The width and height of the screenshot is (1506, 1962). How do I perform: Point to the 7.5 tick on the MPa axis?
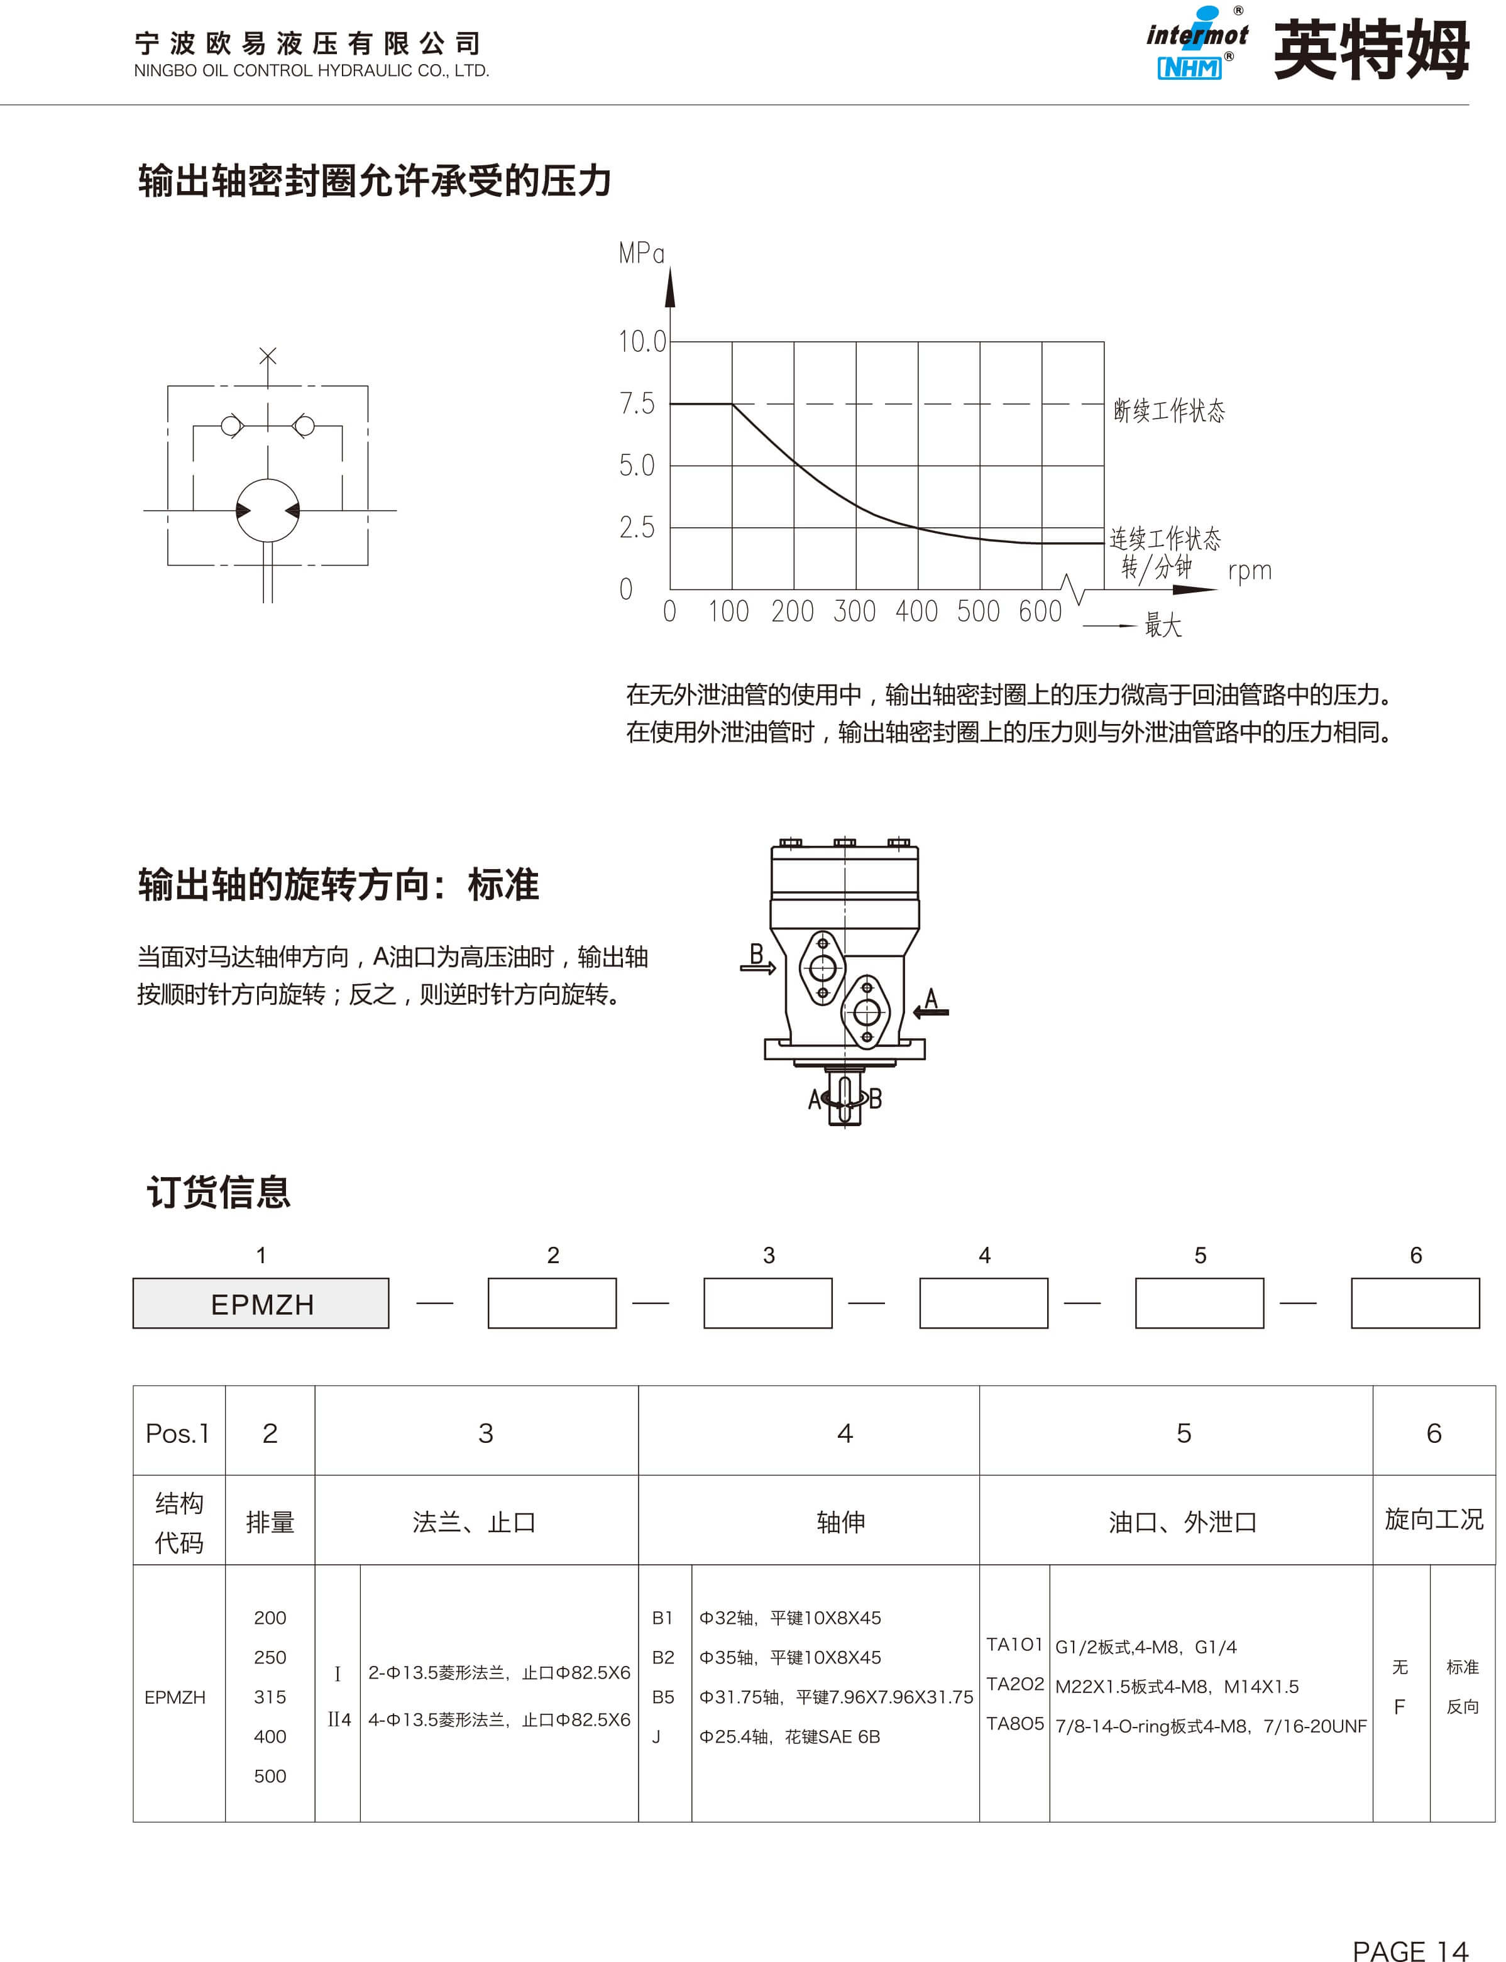[x=637, y=404]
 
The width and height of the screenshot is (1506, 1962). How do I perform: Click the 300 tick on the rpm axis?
[x=854, y=612]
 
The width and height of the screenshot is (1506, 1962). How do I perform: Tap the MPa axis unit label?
[x=641, y=254]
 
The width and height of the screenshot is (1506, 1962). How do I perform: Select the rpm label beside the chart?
[x=1249, y=571]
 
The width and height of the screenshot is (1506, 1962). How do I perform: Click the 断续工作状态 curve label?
[x=1168, y=410]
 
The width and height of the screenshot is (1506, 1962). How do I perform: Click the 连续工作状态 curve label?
[x=1165, y=539]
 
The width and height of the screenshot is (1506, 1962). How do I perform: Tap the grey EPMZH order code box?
[x=261, y=1304]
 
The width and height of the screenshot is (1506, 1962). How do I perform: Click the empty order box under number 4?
[x=984, y=1303]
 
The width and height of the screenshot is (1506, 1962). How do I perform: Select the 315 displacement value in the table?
[x=270, y=1697]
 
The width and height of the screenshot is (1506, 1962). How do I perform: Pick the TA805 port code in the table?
[x=1014, y=1724]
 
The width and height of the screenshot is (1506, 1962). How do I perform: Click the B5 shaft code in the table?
[x=663, y=1697]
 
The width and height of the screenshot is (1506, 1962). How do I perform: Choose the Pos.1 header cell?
[x=177, y=1434]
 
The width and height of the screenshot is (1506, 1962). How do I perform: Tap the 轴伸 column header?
[x=841, y=1522]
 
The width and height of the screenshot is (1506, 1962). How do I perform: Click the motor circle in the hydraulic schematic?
[x=267, y=510]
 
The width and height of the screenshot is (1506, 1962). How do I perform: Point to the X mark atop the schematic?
[x=267, y=356]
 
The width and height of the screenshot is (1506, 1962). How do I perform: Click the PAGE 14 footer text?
[x=1409, y=1926]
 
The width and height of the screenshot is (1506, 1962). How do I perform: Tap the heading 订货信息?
[x=219, y=1192]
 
